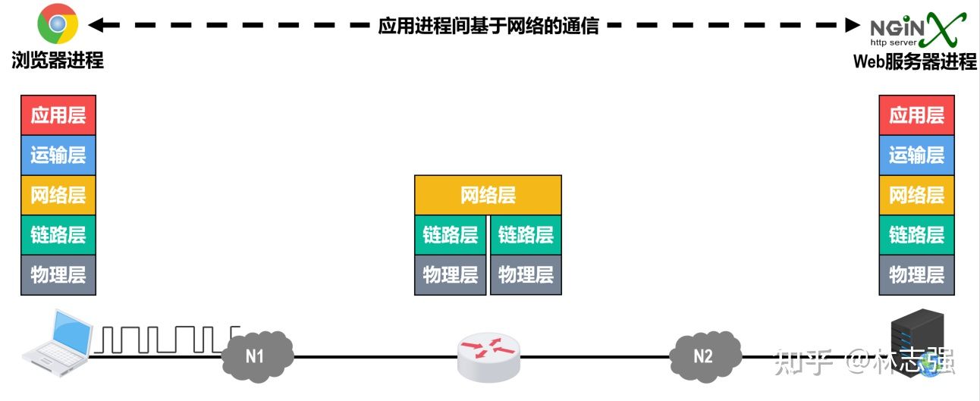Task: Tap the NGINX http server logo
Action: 918,29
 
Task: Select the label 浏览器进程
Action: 58,61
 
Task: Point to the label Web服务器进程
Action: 915,61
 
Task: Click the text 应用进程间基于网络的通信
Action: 488,26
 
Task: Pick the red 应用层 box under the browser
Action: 58,115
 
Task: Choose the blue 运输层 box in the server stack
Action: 916,155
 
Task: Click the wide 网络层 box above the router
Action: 488,196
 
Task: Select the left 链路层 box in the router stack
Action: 450,235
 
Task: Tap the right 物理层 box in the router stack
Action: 526,274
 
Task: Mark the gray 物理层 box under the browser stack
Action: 58,274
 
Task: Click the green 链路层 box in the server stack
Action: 916,235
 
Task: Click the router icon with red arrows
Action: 489,355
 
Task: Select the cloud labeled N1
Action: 256,354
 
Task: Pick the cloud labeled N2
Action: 705,354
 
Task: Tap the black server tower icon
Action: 917,341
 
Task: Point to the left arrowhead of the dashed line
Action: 95,25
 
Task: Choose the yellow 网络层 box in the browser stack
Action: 58,195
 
